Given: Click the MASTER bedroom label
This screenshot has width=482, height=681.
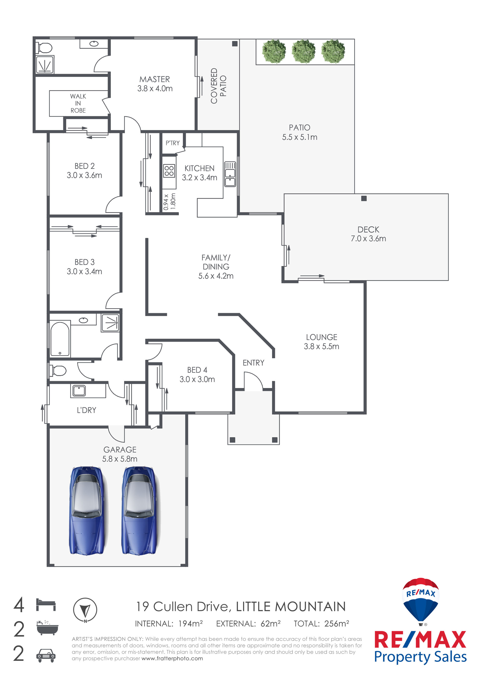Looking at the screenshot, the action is coord(154,79).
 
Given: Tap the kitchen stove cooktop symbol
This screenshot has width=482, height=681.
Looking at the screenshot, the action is coord(169,171).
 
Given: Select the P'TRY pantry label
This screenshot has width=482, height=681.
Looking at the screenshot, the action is coord(173,143).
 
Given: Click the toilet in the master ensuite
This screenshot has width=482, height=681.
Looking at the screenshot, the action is coord(45,47).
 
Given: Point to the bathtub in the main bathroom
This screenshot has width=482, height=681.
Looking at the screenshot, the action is coord(60,339).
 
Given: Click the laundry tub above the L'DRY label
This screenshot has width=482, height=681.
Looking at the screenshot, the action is coord(79,391).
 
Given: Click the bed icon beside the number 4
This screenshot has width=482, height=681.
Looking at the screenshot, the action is coord(46,604).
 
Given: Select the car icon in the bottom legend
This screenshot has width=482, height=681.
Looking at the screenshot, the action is coord(46,655).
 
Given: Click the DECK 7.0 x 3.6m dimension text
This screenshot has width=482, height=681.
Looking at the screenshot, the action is coord(368,239).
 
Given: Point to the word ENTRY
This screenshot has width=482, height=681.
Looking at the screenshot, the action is coord(253,363).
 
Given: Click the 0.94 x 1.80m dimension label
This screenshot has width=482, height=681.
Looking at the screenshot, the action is coord(170,202).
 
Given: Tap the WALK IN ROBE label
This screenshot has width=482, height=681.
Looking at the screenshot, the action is coord(78,103).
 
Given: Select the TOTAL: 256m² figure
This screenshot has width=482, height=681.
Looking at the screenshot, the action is coord(321,624).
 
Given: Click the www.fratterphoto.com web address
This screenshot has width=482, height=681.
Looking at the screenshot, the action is coord(172,658).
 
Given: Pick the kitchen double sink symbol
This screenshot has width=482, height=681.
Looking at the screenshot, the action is coord(230,174).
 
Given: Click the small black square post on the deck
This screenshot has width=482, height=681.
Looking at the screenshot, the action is coord(364,198).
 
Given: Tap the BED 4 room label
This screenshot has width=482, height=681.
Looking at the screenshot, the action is coord(197,370).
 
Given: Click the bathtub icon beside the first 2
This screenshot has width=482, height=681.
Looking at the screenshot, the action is coord(47,627).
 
